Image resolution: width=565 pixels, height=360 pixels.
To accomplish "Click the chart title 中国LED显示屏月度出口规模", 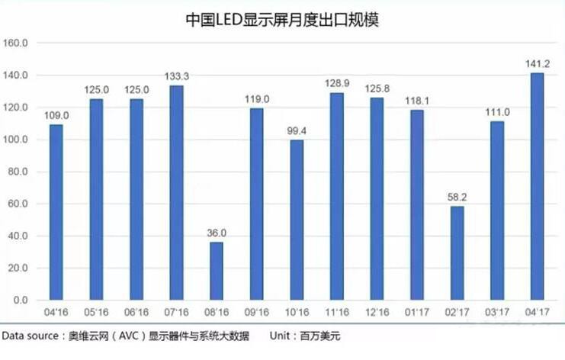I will point(282,20).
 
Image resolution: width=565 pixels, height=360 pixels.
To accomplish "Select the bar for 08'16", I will point(217,272).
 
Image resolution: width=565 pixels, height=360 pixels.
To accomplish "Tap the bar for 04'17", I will point(537,187).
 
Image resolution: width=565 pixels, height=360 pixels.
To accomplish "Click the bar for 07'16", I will point(176,194).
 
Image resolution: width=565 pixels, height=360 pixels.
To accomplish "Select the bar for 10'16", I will point(297,220).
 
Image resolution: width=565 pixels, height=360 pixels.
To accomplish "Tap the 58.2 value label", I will point(456,198).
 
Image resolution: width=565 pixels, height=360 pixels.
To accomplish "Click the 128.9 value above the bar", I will point(336,84).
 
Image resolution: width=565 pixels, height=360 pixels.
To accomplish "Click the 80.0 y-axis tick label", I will point(17,172).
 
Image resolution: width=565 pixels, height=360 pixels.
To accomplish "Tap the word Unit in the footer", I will point(281,336).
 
